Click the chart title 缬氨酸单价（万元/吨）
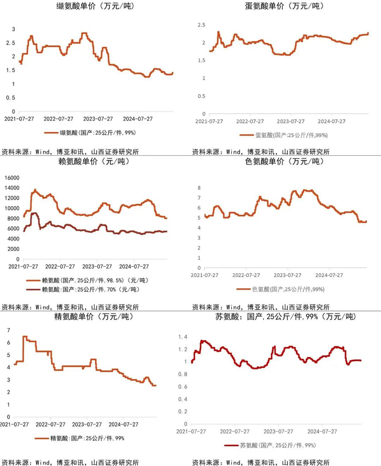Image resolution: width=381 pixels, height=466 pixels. pos(95,7)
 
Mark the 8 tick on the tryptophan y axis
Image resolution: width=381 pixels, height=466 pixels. pos(200,188)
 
